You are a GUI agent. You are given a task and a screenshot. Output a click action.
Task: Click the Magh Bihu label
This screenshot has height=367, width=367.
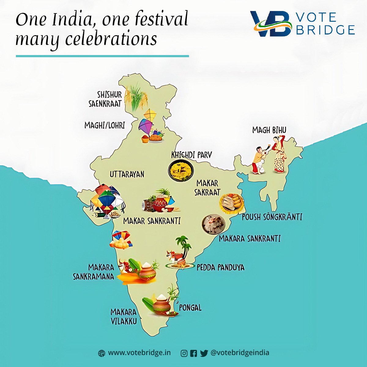click(269, 130)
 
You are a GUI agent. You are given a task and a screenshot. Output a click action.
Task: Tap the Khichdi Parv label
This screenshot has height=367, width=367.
click(191, 155)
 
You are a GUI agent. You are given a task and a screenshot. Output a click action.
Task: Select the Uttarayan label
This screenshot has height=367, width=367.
click(127, 174)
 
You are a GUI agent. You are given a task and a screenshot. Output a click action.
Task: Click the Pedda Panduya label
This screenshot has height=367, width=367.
click(220, 268)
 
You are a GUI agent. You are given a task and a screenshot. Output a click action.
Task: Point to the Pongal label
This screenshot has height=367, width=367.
click(190, 307)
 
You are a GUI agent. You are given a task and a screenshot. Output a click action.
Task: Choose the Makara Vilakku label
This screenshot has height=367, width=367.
click(124, 317)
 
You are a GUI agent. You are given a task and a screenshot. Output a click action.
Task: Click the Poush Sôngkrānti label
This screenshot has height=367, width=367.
click(272, 217)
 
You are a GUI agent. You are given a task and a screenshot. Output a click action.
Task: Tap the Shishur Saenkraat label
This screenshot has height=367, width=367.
click(106, 99)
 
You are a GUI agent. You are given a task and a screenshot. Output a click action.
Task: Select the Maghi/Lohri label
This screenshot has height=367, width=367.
click(105, 125)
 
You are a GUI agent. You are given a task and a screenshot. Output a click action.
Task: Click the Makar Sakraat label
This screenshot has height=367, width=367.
click(208, 187)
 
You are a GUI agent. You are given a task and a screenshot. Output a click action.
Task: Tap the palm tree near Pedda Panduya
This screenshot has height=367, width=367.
click(183, 245)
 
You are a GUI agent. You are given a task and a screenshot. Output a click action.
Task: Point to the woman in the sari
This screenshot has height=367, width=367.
click(279, 154)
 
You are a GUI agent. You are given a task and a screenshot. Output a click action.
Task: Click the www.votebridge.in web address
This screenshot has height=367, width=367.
click(139, 353)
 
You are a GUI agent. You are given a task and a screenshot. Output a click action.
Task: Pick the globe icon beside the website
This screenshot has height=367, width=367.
click(102, 354)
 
